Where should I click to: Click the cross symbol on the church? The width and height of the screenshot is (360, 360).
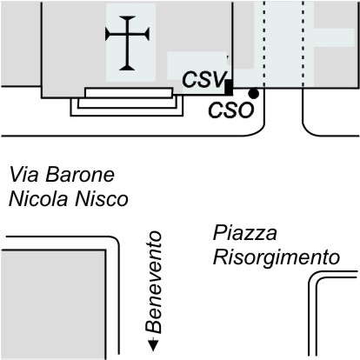point(127,43)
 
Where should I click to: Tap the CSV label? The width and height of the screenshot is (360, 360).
point(204,79)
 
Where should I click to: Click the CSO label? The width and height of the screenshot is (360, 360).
point(231,110)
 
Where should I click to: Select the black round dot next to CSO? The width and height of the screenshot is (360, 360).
point(254,93)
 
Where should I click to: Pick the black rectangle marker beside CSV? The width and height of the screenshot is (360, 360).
point(229,87)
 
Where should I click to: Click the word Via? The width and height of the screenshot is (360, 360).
point(23,175)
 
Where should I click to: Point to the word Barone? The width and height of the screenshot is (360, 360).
point(80,175)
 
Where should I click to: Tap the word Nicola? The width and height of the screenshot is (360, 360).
point(39,199)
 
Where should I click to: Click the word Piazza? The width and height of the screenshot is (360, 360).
point(245,233)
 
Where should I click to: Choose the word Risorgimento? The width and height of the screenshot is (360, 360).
point(277,257)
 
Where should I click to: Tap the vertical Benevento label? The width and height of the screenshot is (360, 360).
point(153,282)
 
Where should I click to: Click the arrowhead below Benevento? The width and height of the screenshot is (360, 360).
point(153,345)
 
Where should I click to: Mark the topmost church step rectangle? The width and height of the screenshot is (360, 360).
point(129,93)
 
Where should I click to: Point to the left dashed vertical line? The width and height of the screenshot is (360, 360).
point(264,43)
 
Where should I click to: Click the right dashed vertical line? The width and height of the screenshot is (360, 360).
point(303,43)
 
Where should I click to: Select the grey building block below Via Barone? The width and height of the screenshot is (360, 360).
point(54,304)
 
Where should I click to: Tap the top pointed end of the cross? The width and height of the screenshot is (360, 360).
point(127,17)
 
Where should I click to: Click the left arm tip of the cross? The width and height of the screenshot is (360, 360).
point(106,35)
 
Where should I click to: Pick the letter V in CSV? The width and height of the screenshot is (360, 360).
point(219,79)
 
